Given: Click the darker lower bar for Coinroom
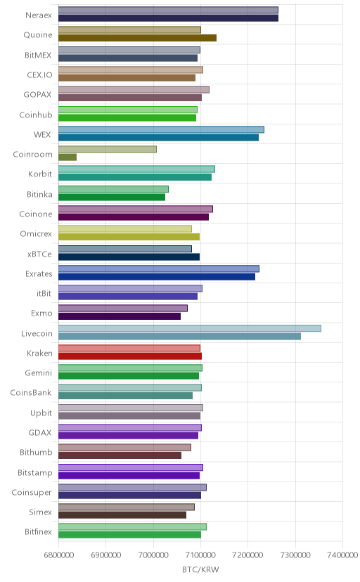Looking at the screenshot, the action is (67, 157).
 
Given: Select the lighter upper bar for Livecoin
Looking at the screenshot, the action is (190, 328).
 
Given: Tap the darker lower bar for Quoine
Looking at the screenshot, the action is (137, 38).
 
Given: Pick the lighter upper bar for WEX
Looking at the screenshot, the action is (162, 129).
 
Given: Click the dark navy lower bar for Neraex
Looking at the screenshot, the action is (169, 18).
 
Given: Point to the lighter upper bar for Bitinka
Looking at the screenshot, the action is (114, 189).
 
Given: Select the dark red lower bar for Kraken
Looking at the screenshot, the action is (130, 356).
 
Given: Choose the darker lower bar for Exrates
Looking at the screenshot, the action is (157, 277).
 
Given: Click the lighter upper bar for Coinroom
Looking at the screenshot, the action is (108, 149).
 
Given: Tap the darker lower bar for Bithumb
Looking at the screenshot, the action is (120, 455).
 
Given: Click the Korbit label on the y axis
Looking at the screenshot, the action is (40, 174).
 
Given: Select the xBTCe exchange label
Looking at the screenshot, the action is (39, 254).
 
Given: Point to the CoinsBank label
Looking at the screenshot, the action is (31, 393).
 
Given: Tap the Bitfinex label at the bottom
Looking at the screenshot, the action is (38, 532).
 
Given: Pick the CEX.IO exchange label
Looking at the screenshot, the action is (39, 75).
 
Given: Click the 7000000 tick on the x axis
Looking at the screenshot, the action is (153, 555).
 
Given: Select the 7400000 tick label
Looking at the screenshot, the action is (343, 555).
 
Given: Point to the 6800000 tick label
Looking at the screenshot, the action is (58, 555).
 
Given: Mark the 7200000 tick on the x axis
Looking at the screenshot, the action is (248, 555).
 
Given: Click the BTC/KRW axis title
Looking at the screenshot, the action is (200, 570).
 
